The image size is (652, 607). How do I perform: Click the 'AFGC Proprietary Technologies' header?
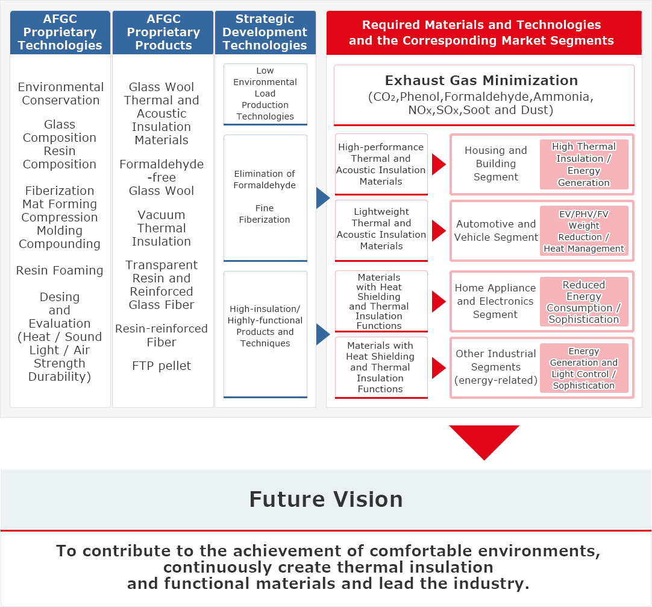pyautogui.click(x=60, y=33)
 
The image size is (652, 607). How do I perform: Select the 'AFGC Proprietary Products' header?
pyautogui.click(x=163, y=33)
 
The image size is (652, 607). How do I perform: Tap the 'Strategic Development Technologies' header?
pyautogui.click(x=265, y=33)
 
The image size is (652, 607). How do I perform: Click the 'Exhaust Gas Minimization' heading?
pyautogui.click(x=481, y=80)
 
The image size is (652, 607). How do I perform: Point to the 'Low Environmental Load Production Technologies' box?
pyautogui.click(x=265, y=94)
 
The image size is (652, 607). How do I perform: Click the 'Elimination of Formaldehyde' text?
pyautogui.click(x=265, y=179)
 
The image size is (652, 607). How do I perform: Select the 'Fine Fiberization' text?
pyautogui.click(x=265, y=214)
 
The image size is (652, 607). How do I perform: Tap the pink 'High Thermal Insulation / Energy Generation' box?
pyautogui.click(x=584, y=165)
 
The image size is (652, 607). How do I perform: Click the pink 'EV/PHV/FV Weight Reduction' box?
pyautogui.click(x=584, y=231)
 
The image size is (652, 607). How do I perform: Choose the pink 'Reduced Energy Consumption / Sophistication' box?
pyautogui.click(x=584, y=302)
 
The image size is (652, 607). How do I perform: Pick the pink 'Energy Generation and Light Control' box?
pyautogui.click(x=584, y=368)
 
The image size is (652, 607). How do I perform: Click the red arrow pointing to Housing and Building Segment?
pyautogui.click(x=439, y=164)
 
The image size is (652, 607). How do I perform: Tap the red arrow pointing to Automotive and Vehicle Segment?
pyautogui.click(x=439, y=230)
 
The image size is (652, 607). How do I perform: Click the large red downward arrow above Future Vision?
pyautogui.click(x=484, y=442)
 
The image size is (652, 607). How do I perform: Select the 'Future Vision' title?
pyautogui.click(x=326, y=499)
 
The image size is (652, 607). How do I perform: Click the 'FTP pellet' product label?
pyautogui.click(x=161, y=366)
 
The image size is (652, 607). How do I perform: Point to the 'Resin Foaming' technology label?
pyautogui.click(x=60, y=270)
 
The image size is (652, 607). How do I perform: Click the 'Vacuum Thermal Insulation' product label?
pyautogui.click(x=161, y=228)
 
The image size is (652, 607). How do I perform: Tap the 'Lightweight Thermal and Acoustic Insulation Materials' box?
pyautogui.click(x=381, y=230)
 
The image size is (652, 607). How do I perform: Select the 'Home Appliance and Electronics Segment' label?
pyautogui.click(x=495, y=301)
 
